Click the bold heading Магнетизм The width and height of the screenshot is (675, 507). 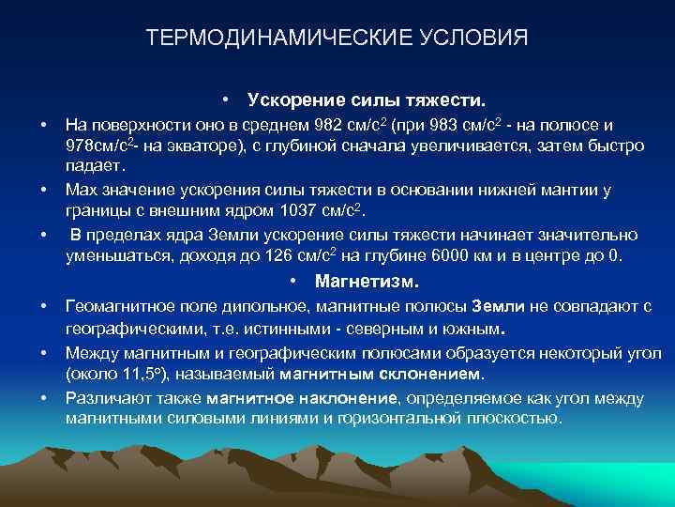click(367, 281)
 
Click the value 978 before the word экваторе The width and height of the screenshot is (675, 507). click(82, 146)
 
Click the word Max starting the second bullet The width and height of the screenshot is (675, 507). click(81, 190)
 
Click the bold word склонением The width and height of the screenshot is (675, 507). click(430, 375)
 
